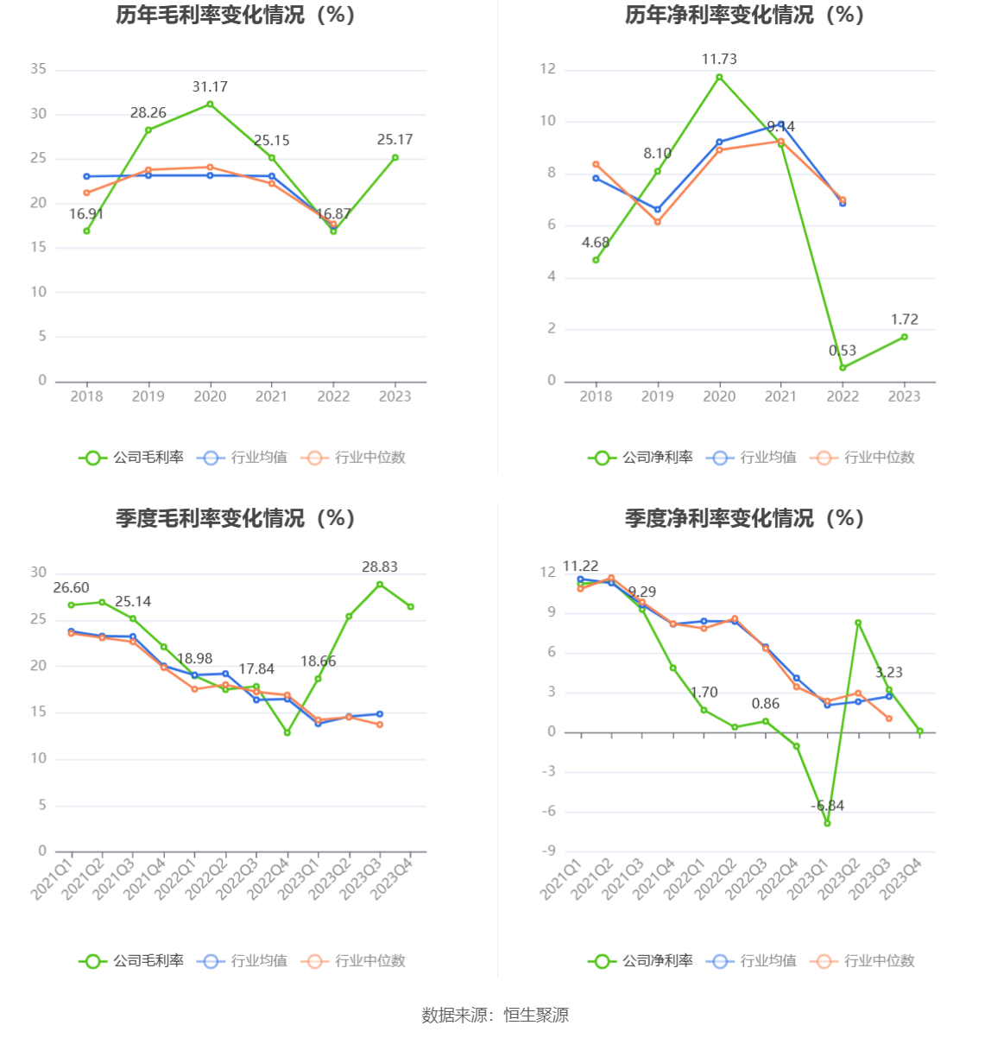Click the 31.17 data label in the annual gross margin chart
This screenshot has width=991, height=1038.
pyautogui.click(x=210, y=87)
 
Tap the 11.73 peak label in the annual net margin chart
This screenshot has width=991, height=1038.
pyautogui.click(x=719, y=60)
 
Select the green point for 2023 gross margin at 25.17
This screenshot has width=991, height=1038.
pyautogui.click(x=395, y=158)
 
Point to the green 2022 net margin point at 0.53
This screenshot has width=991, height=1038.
pyautogui.click(x=843, y=368)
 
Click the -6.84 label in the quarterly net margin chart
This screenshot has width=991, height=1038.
pyautogui.click(x=828, y=806)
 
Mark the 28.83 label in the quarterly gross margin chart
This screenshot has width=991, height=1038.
pyautogui.click(x=380, y=567)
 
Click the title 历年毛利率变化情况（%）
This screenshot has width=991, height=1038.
pyautogui.click(x=236, y=16)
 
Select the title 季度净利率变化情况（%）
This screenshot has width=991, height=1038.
pyautogui.click(x=744, y=518)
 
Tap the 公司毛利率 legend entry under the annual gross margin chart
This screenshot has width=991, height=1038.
pyautogui.click(x=132, y=458)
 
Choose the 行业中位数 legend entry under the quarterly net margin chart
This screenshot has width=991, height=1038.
pyautogui.click(x=863, y=961)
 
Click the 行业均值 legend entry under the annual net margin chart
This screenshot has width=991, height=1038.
pyautogui.click(x=752, y=458)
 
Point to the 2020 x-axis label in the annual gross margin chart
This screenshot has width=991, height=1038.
pyautogui.click(x=210, y=396)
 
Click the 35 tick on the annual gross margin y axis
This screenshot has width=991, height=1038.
pyautogui.click(x=38, y=69)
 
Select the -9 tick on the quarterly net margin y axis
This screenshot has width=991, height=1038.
pyautogui.click(x=549, y=851)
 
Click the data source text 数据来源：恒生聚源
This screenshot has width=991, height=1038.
pyautogui.click(x=495, y=1016)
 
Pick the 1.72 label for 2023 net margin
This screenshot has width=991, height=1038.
pyautogui.click(x=905, y=320)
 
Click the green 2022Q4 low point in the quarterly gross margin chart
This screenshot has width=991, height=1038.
pyautogui.click(x=287, y=733)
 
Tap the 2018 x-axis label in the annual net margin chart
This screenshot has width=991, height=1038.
pyautogui.click(x=596, y=396)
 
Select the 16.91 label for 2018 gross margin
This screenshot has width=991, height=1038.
pyautogui.click(x=86, y=214)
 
